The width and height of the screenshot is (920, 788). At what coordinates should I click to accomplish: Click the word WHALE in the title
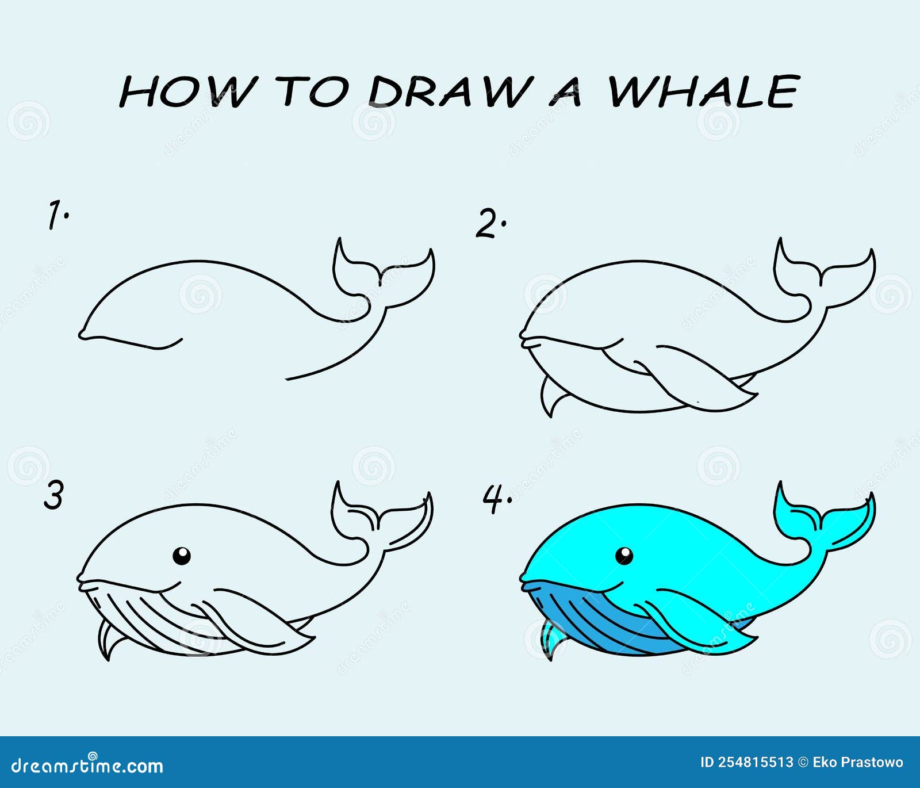704,91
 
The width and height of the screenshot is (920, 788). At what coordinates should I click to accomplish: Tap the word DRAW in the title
447,91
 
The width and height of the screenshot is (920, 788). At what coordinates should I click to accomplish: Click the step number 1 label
57,215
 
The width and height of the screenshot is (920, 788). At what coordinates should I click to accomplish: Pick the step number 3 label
53,495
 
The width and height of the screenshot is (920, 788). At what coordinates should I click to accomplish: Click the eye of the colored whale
624,556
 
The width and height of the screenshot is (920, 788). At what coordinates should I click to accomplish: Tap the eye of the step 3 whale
182,556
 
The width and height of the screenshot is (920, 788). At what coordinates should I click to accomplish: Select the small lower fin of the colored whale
553,638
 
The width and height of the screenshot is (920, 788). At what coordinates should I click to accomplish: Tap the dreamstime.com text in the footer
87,766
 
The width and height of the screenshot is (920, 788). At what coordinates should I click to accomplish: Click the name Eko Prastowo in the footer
858,763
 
